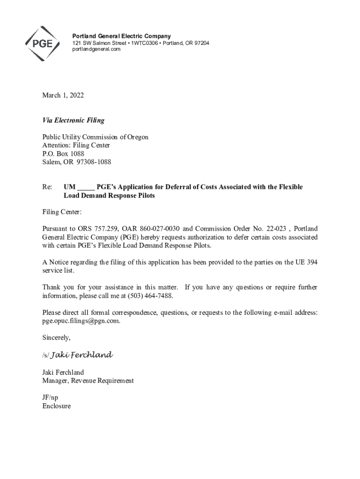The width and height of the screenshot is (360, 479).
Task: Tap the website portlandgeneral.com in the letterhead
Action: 93,50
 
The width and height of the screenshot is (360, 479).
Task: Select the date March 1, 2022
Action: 63,95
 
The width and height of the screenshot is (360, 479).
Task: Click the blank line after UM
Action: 86,188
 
